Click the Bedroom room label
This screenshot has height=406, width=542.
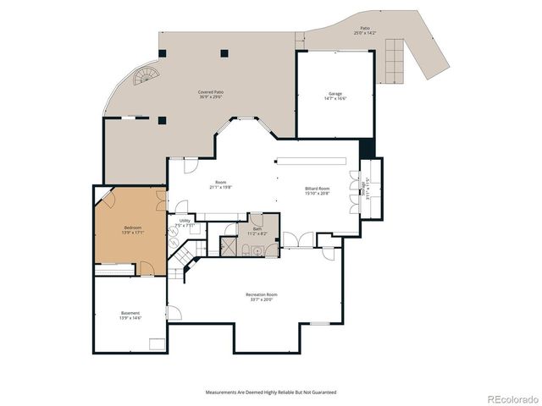coord(133,227)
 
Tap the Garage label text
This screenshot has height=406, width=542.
coord(335,93)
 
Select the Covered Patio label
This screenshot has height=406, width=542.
coord(211,91)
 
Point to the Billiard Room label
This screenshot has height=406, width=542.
coord(317,189)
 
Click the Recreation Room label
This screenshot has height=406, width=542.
coord(262,294)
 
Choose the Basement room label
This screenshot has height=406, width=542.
coord(130,313)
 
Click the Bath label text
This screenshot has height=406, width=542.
coord(257,228)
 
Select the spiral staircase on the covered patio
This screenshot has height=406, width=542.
coord(146,80)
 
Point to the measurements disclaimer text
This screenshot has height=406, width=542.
coord(270,392)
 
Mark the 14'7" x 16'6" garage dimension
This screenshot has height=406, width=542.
coord(335,99)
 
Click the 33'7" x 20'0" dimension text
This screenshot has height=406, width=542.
coord(262,299)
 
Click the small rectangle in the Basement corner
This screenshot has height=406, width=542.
coord(157,343)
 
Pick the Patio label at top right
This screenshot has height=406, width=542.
coord(365,29)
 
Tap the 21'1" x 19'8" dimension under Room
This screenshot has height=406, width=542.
coord(220,188)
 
